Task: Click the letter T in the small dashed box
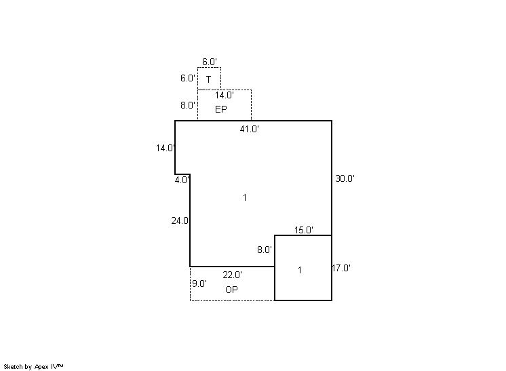[208, 79]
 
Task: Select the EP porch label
[221, 109]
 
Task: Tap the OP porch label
[231, 290]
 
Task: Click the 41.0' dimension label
[250, 129]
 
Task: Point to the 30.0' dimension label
[345, 178]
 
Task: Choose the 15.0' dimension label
[304, 230]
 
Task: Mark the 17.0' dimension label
[341, 268]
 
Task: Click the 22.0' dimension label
[233, 275]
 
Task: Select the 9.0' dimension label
[199, 284]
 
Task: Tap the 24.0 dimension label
[180, 220]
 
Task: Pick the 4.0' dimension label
[182, 180]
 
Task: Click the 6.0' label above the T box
[210, 62]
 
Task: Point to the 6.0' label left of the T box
[187, 78]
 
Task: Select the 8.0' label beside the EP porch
[187, 105]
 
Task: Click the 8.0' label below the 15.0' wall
[265, 250]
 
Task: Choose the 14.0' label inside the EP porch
[225, 95]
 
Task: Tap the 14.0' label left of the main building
[166, 148]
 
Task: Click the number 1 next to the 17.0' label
[300, 270]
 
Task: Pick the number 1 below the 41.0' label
[245, 197]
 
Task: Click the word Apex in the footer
[41, 367]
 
